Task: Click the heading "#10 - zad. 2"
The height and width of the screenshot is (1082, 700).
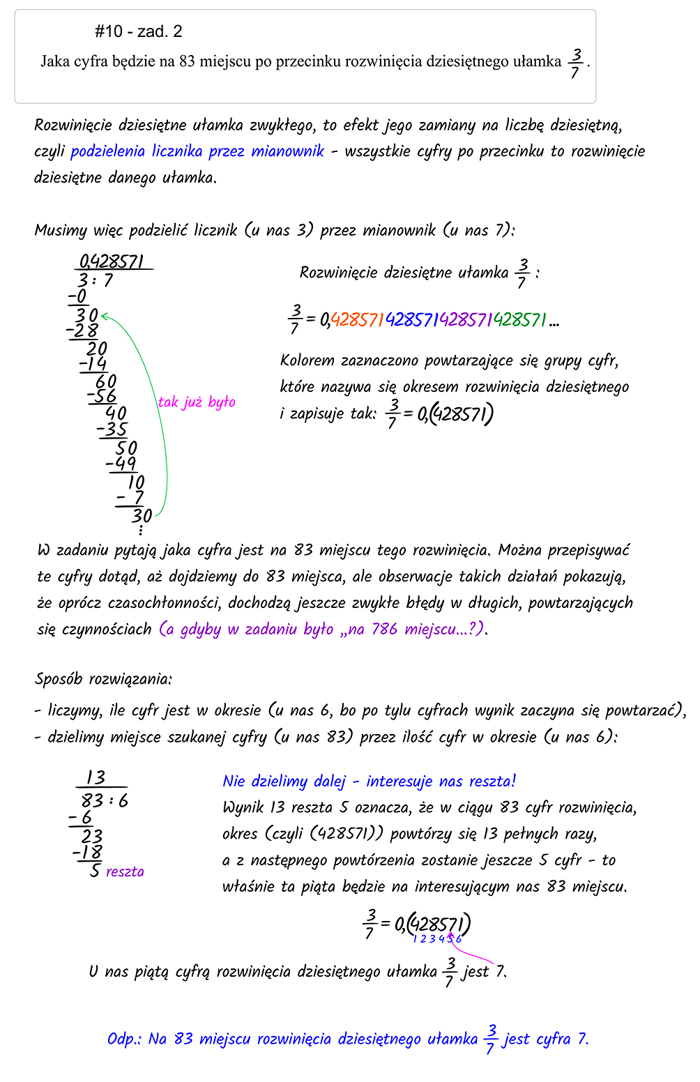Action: click(138, 31)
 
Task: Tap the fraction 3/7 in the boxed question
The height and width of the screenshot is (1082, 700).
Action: click(575, 63)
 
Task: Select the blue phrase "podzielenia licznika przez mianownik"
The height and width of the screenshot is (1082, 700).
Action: click(197, 151)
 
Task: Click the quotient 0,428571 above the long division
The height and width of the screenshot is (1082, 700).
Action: click(112, 262)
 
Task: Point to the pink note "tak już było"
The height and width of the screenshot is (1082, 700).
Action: click(197, 402)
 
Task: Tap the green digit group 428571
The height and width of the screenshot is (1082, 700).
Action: click(519, 320)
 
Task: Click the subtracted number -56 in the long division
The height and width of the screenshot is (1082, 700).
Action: click(102, 397)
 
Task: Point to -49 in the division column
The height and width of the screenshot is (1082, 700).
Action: click(121, 464)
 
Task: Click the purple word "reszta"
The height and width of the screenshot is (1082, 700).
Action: click(125, 872)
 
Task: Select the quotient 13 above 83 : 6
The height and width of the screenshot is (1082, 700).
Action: click(96, 777)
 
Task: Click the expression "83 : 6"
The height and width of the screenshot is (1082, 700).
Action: click(105, 800)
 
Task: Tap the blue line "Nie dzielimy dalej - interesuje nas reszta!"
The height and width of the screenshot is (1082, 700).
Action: click(369, 782)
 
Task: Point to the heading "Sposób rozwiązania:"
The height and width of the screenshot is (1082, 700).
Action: click(103, 679)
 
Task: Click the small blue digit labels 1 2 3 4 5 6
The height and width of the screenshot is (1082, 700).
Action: click(437, 940)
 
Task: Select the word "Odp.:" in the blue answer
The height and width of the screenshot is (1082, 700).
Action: click(125, 1039)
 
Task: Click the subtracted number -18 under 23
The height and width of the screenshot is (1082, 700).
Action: click(88, 853)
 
